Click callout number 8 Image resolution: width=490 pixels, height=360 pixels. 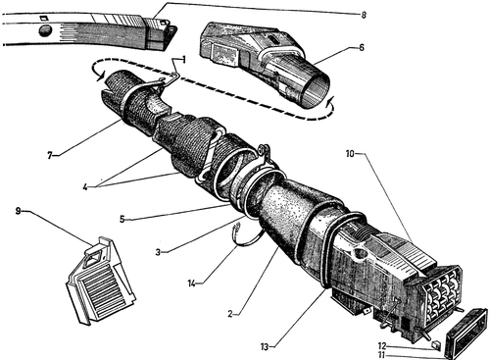pyautogui.click(x=364, y=15)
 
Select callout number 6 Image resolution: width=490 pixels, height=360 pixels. pyautogui.click(x=362, y=48)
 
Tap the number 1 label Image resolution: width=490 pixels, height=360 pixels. pyautogui.click(x=184, y=60)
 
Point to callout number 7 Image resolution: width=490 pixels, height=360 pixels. pyautogui.click(x=50, y=156)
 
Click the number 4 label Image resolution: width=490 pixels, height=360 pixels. pyautogui.click(x=85, y=187)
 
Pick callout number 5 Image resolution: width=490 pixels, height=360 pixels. pyautogui.click(x=122, y=219)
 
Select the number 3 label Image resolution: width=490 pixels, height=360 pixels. pyautogui.click(x=158, y=252)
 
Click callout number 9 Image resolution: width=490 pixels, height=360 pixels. pyautogui.click(x=19, y=211)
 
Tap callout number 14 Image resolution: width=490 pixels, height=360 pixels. pyautogui.click(x=192, y=283)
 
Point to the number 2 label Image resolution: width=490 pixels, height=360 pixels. pyautogui.click(x=230, y=314)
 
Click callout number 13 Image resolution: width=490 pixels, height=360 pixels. pyautogui.click(x=265, y=346)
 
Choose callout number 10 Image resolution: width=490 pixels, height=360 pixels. pyautogui.click(x=350, y=153)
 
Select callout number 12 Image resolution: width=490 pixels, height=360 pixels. pyautogui.click(x=382, y=345)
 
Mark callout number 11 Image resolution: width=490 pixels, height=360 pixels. pyautogui.click(x=382, y=355)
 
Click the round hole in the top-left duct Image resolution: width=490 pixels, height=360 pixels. pyautogui.click(x=45, y=30)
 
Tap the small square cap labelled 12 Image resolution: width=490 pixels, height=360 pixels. pyautogui.click(x=436, y=344)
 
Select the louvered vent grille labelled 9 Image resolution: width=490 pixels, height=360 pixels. pyautogui.click(x=101, y=282)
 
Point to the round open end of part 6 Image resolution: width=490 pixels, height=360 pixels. pyautogui.click(x=314, y=90)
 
